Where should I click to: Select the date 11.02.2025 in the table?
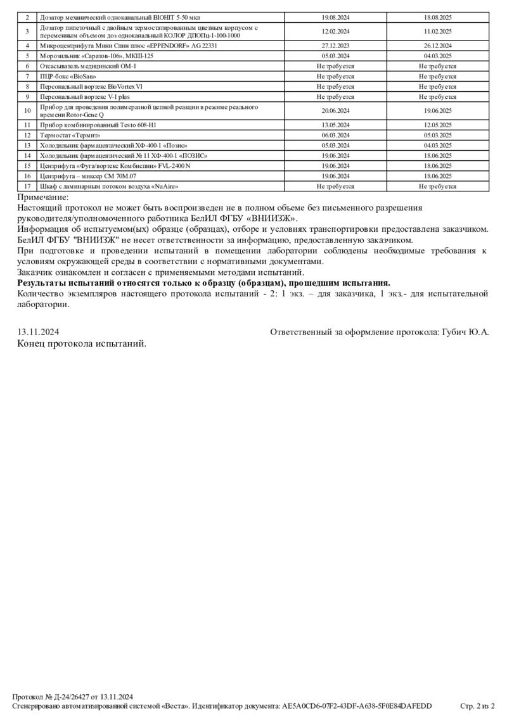(x=437, y=31)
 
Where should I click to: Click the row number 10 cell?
(x=27, y=111)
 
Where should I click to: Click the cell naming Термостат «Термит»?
(x=70, y=135)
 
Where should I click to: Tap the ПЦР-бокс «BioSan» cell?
(x=63, y=76)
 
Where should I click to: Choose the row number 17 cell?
(x=27, y=186)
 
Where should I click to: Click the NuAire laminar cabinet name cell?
(x=109, y=186)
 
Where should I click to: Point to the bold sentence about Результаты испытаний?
(x=204, y=282)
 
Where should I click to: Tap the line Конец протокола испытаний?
(x=82, y=343)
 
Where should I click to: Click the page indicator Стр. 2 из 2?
(x=477, y=706)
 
